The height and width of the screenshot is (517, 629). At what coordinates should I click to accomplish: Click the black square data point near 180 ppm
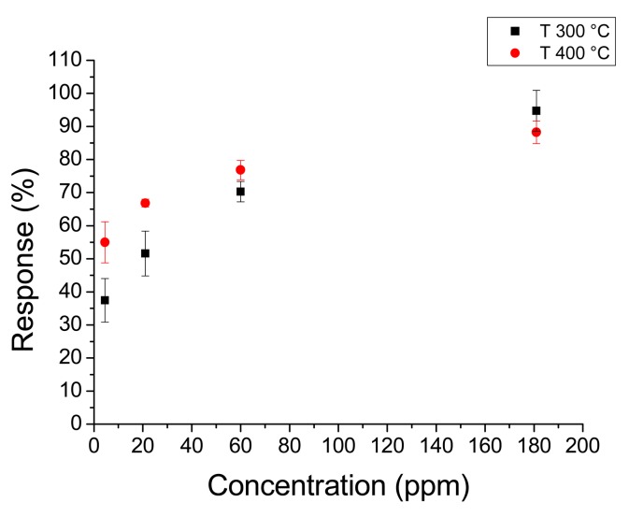click(536, 110)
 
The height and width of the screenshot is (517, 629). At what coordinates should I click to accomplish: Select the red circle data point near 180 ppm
click(536, 132)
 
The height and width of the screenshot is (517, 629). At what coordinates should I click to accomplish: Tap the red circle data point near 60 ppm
click(240, 169)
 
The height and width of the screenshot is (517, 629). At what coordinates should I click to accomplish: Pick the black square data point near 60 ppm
click(240, 192)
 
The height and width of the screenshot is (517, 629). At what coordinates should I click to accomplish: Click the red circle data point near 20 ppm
click(145, 203)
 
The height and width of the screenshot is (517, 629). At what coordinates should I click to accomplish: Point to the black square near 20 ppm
click(145, 253)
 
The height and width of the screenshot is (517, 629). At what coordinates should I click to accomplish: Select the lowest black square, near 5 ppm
click(105, 300)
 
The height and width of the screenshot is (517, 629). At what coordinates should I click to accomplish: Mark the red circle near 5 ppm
click(105, 242)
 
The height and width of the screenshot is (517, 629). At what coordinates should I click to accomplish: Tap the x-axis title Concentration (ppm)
click(337, 486)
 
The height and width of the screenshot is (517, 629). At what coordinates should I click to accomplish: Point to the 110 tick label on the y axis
click(66, 60)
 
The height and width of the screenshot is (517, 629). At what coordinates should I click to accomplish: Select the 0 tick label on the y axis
click(77, 424)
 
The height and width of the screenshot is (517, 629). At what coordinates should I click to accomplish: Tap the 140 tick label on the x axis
click(436, 443)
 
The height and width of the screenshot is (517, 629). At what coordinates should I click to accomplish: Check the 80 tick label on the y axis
click(71, 159)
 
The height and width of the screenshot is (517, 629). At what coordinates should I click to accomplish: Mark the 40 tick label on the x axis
click(192, 443)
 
